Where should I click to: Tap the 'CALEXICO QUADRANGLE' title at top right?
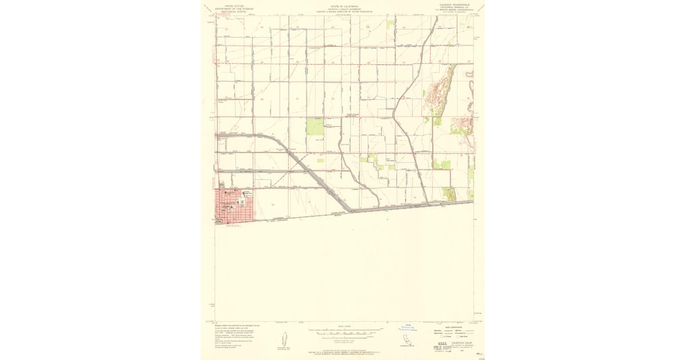(455, 5)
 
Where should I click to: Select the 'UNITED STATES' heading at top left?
(233, 5)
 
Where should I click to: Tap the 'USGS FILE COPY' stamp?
(440, 346)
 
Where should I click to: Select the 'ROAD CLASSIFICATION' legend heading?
(452, 327)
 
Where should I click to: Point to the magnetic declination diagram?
(284, 339)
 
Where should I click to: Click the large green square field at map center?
(315, 126)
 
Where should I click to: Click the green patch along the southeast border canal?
(450, 194)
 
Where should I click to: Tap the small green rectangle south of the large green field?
(321, 161)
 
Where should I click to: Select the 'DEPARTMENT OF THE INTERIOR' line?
(233, 8)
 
